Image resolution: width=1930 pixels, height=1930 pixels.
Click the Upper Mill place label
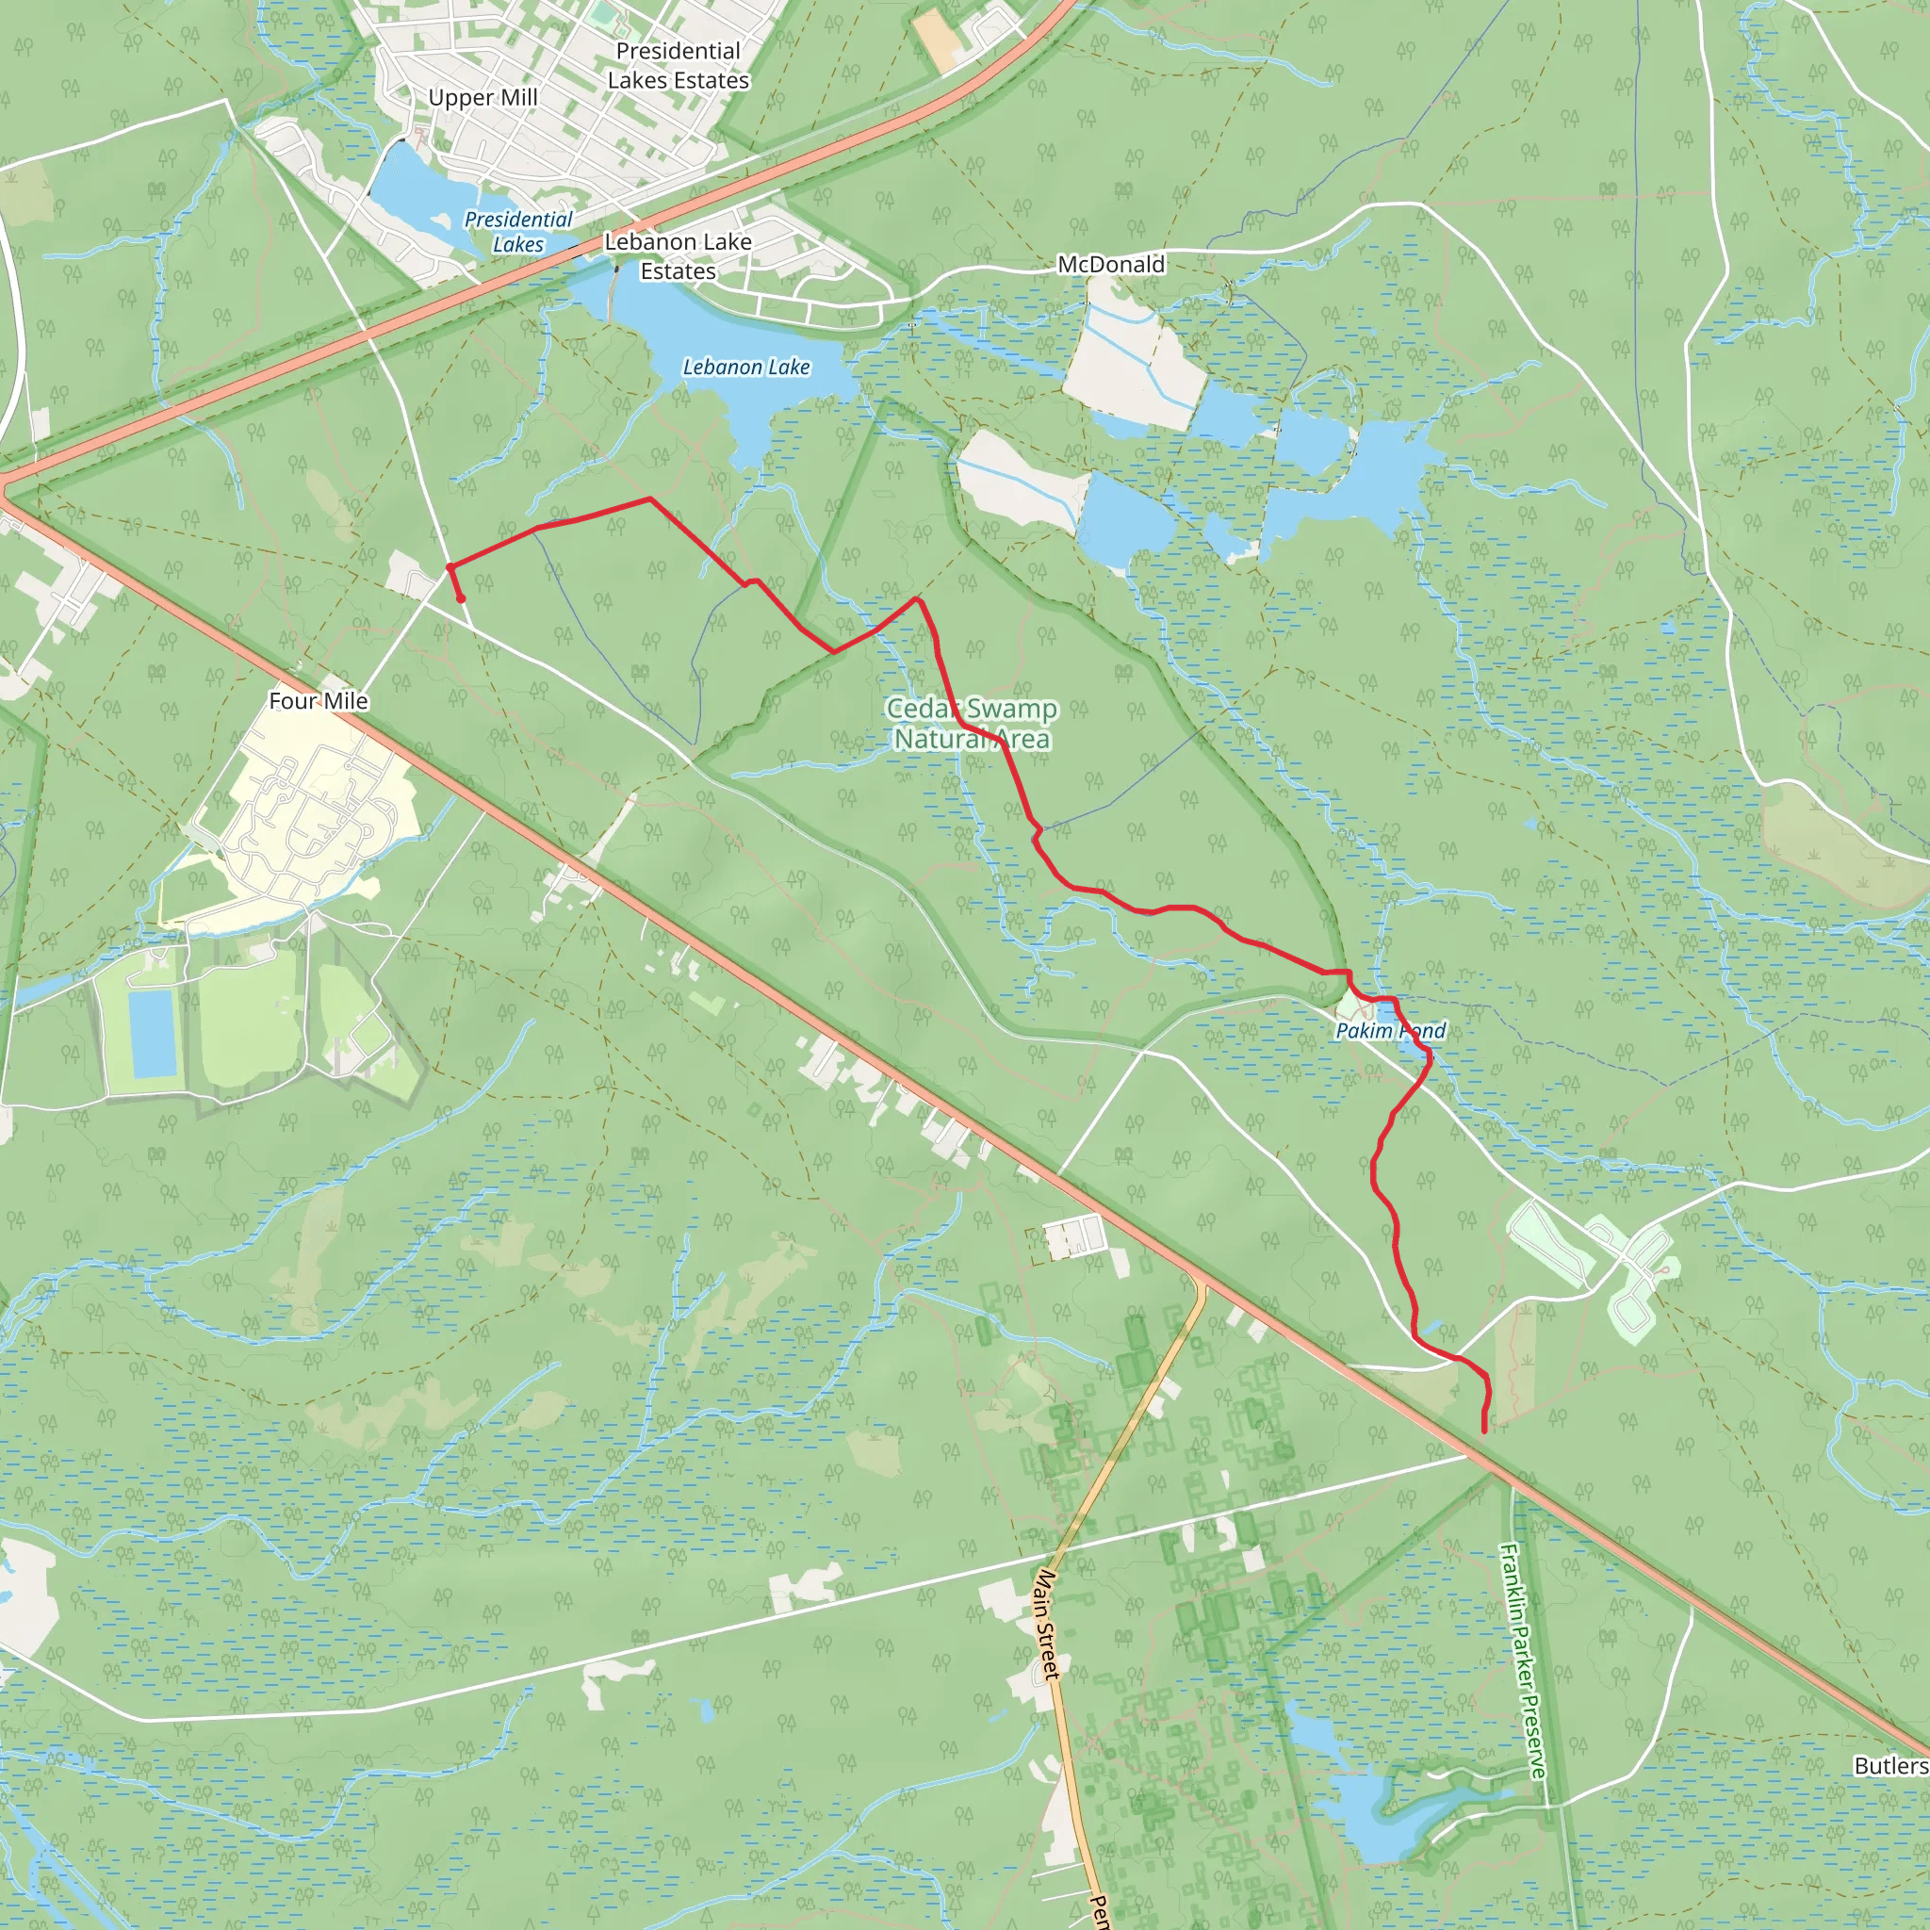[482, 98]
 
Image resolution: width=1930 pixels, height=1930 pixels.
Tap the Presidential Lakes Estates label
[679, 66]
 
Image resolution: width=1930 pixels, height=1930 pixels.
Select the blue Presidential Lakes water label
[518, 232]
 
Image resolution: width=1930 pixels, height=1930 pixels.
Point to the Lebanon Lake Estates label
[679, 256]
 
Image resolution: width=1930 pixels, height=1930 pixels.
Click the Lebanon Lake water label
[746, 368]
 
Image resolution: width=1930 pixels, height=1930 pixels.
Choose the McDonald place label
[1111, 265]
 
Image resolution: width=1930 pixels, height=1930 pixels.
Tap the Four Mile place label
[318, 701]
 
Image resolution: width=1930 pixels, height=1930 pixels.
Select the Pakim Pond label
[1390, 1031]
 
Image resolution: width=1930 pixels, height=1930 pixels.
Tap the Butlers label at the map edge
[1890, 1793]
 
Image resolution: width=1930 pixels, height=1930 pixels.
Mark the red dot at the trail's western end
[461, 599]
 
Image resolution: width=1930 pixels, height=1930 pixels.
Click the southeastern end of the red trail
[1483, 1431]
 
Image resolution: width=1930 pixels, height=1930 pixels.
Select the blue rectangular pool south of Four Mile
[153, 1035]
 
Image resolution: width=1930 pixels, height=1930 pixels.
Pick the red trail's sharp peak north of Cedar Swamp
[918, 599]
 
